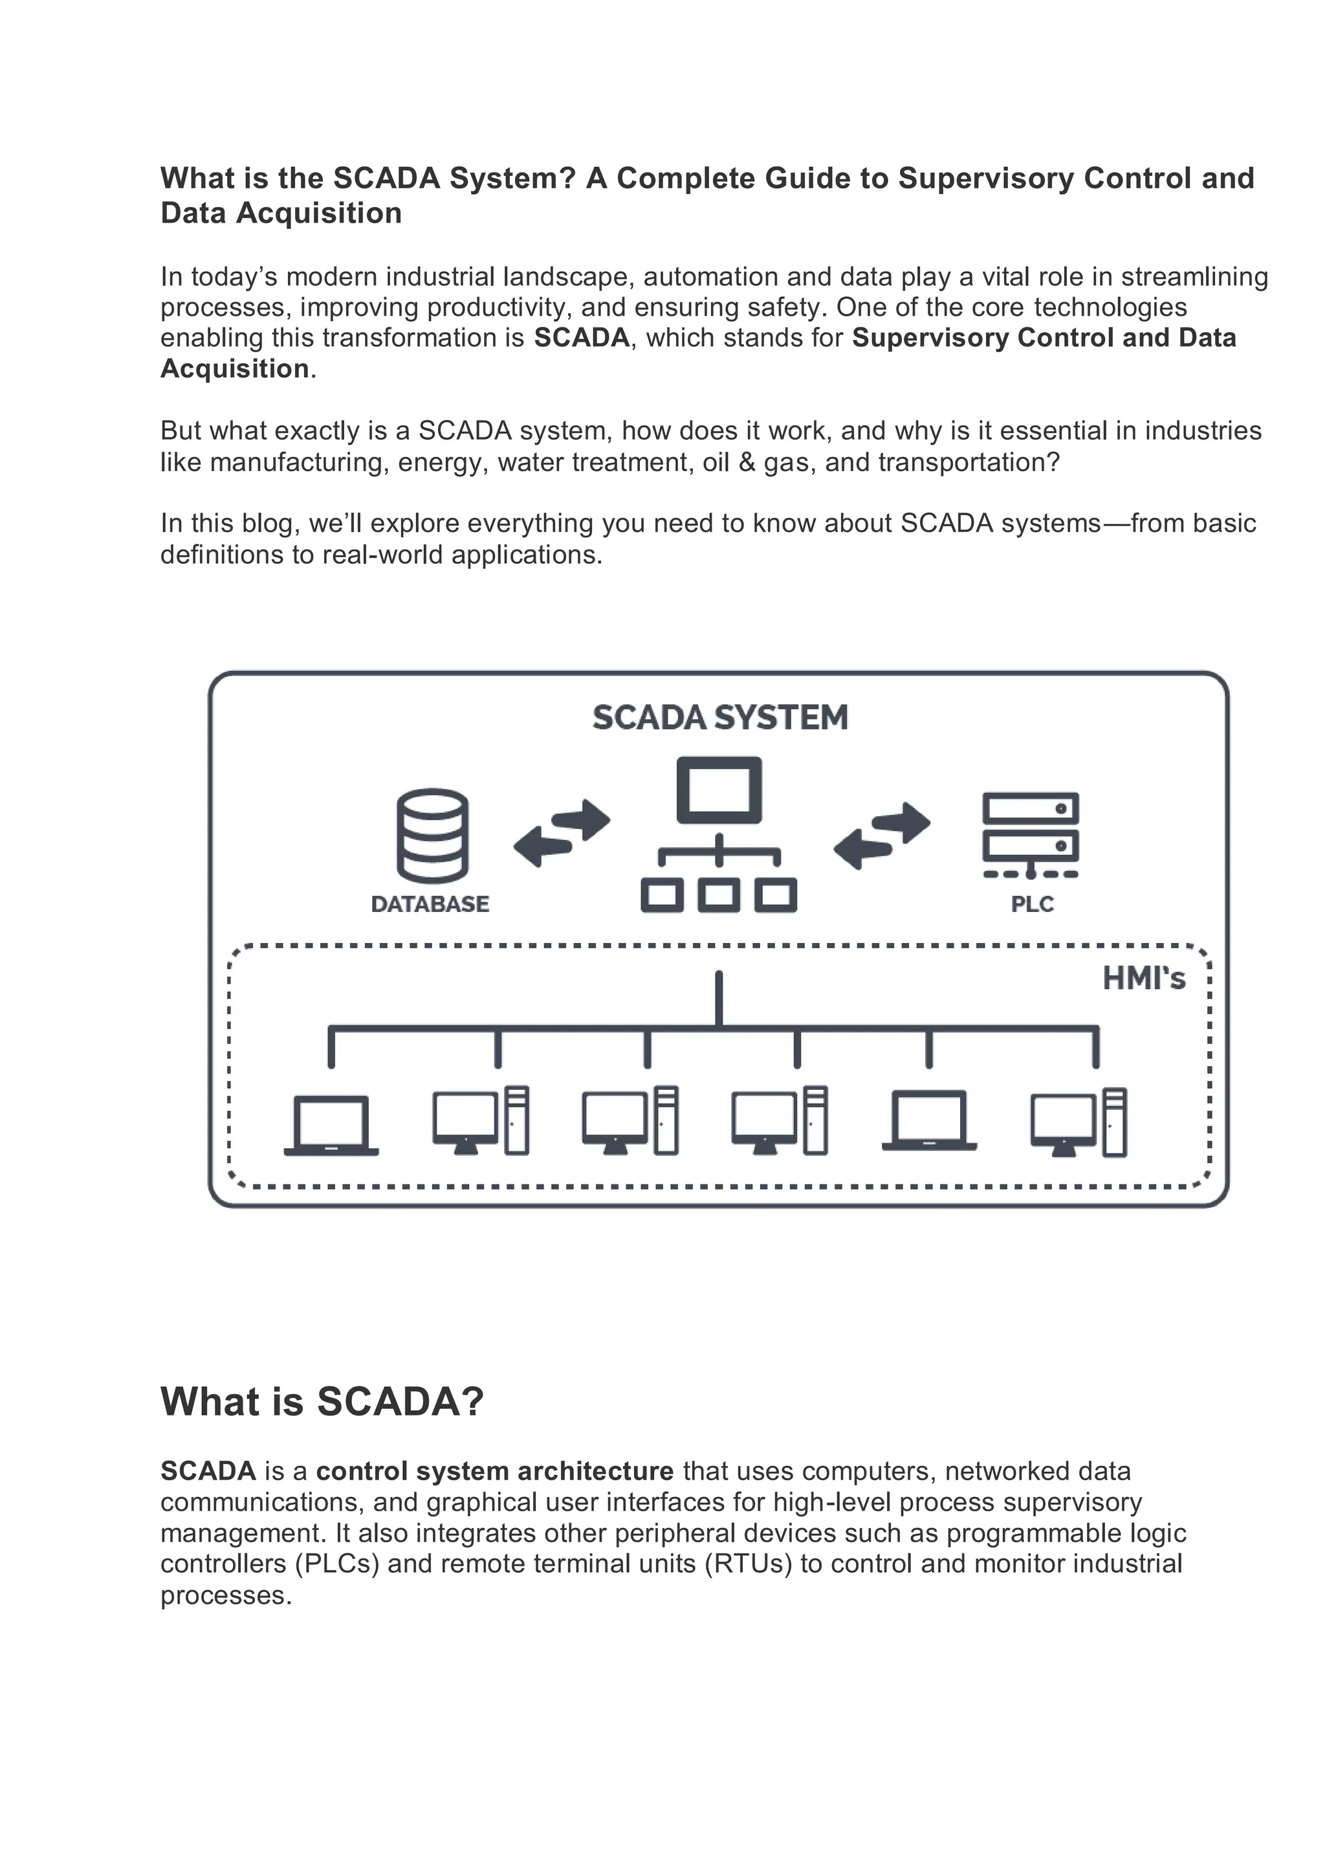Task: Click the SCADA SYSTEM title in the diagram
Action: (719, 718)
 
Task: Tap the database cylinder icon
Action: (432, 835)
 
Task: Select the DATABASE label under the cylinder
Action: (430, 904)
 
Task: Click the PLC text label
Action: (1032, 904)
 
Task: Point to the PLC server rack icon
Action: (1030, 833)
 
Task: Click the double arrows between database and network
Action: (562, 833)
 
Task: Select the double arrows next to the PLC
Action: (882, 836)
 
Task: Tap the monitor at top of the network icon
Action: (719, 790)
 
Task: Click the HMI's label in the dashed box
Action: (1143, 979)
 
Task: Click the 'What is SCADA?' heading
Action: (322, 1401)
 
